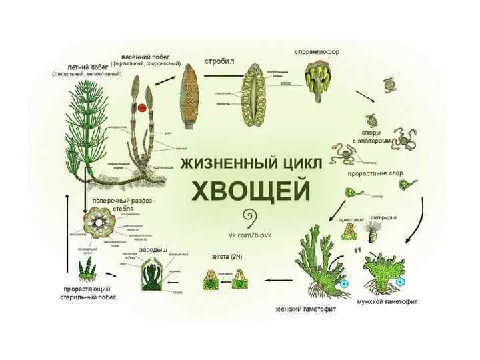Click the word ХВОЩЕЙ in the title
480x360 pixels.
(x=251, y=191)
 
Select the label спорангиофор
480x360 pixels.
(x=317, y=51)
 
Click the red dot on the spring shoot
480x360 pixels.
(x=141, y=107)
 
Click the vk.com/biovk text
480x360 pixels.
(x=251, y=236)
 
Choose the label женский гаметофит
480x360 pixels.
(x=305, y=309)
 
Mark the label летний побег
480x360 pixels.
(x=79, y=67)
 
